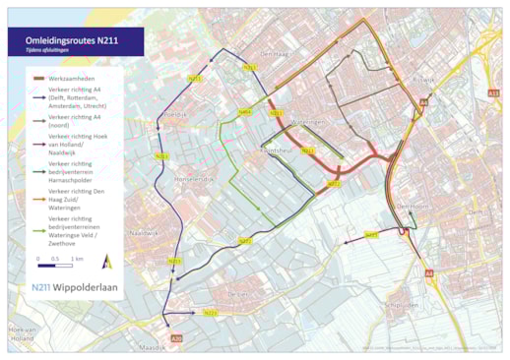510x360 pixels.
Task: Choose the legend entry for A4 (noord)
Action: [x=79, y=122]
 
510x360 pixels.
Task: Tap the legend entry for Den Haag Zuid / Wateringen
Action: [x=79, y=197]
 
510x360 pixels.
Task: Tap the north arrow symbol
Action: [x=107, y=262]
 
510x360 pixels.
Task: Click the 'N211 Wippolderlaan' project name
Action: [x=73, y=288]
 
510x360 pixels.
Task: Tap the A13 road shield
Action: [x=493, y=92]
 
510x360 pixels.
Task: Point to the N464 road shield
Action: [x=245, y=112]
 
